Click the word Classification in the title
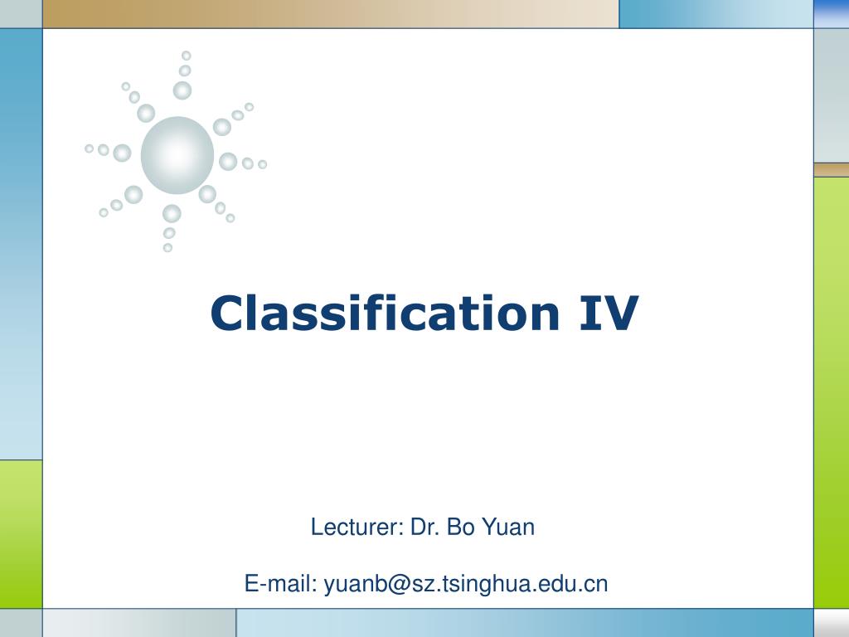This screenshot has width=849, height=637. tap(385, 314)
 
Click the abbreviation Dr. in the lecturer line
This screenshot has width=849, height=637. tap(424, 527)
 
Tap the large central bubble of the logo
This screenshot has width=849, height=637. tap(177, 155)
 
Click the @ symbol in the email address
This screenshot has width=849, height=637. tap(394, 585)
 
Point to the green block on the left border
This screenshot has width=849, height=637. tap(21, 533)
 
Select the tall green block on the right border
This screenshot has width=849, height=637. tap(831, 391)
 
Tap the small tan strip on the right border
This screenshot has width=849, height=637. tap(831, 169)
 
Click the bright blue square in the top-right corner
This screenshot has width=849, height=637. tap(831, 13)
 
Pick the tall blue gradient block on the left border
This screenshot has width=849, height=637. tap(21, 243)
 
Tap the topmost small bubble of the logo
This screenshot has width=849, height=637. tap(187, 56)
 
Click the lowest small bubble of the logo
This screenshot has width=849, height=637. tap(167, 247)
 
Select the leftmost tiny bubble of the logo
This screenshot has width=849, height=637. tap(89, 148)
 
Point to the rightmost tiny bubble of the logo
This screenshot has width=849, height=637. tap(262, 164)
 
